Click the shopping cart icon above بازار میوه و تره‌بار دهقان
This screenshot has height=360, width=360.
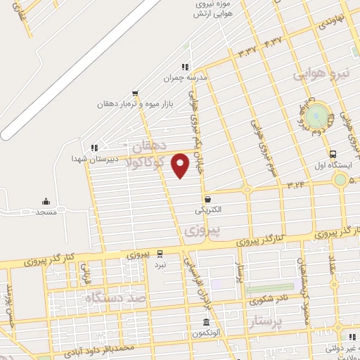[x=135, y=93]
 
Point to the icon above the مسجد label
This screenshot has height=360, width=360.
[x=46, y=201]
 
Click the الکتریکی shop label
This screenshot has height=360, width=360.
[x=207, y=210]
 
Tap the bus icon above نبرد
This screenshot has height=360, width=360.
[x=160, y=253]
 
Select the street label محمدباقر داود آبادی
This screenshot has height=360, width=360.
[x=108, y=348]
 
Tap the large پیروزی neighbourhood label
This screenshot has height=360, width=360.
[x=202, y=229]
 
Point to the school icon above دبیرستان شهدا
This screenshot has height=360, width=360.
[x=93, y=147]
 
